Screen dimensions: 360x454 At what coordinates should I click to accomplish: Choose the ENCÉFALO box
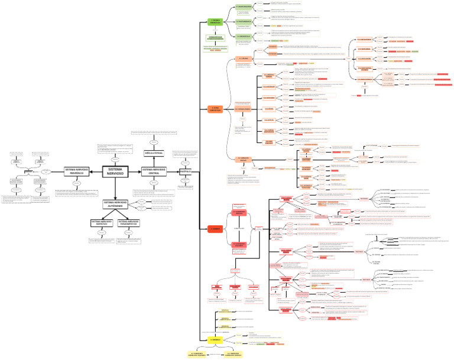(186, 171)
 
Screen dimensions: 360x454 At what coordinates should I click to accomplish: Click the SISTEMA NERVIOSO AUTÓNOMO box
(115, 203)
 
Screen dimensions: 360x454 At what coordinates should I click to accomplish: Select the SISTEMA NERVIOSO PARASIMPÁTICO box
(129, 223)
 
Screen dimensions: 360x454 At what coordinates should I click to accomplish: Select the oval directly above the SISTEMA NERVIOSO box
(115, 158)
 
